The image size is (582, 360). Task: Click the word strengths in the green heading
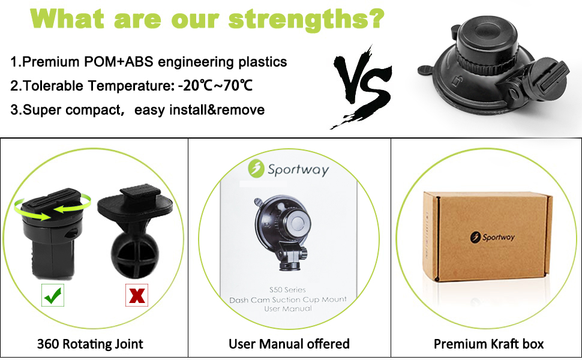(x=298, y=19)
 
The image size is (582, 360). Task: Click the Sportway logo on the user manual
(x=290, y=169)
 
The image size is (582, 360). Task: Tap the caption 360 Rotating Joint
(x=90, y=344)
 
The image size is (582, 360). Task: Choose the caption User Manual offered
(x=289, y=344)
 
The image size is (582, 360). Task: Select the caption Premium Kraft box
(x=488, y=344)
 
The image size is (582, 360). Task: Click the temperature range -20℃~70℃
(x=215, y=86)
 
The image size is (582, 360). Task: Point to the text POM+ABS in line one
(x=131, y=62)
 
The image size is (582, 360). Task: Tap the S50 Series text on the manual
(x=288, y=290)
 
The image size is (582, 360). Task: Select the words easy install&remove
(x=200, y=110)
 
